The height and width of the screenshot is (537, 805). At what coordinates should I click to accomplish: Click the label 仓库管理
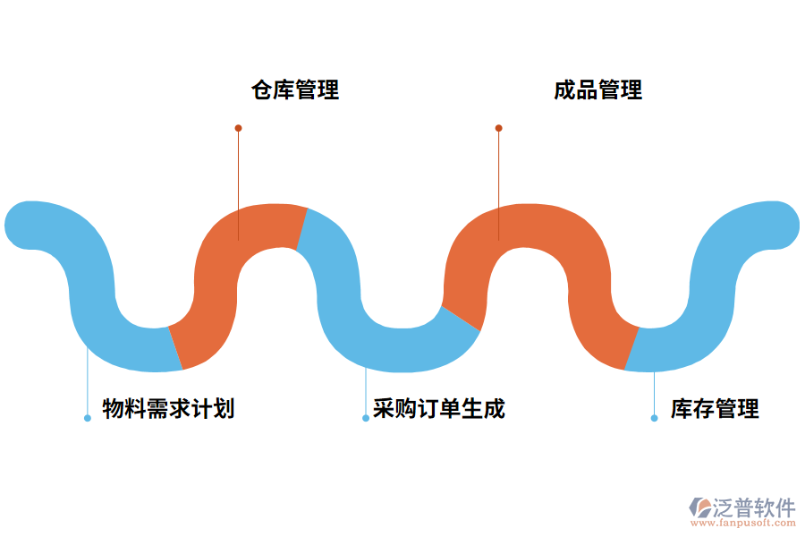295,89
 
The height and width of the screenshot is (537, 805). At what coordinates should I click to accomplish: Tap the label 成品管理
597,89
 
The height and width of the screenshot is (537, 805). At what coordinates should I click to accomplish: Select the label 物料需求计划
168,409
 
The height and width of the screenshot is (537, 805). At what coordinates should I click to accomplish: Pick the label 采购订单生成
439,409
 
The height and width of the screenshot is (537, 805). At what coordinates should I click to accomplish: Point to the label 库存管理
715,409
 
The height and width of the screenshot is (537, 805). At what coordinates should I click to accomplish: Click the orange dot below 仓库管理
238,128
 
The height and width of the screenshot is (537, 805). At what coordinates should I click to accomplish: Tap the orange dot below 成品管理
498,128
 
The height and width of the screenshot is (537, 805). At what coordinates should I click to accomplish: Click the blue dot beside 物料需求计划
87,418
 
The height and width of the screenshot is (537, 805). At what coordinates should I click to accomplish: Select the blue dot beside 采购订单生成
365,418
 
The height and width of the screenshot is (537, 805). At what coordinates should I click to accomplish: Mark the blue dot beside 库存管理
654,418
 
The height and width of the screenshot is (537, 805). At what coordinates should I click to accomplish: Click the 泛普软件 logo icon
699,507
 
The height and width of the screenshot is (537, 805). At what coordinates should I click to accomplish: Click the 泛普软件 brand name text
754,507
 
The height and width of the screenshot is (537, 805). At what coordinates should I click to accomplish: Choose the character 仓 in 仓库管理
262,89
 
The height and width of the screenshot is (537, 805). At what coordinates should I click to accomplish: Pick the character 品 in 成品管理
587,89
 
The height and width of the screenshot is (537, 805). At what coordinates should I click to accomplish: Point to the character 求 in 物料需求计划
180,409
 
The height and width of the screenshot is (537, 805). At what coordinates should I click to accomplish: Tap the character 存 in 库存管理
703,409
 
